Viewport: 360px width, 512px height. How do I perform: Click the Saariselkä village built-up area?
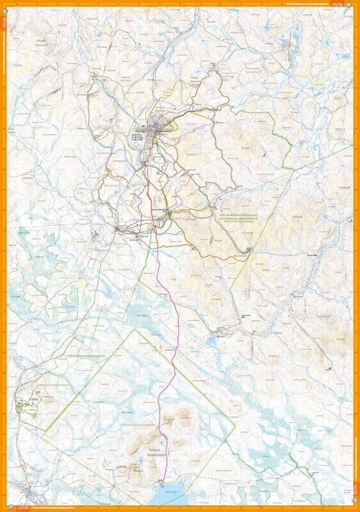156,128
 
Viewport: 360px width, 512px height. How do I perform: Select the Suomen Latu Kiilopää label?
161,209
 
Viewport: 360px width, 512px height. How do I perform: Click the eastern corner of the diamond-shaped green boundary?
235,425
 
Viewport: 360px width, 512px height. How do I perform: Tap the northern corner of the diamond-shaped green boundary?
135,330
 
